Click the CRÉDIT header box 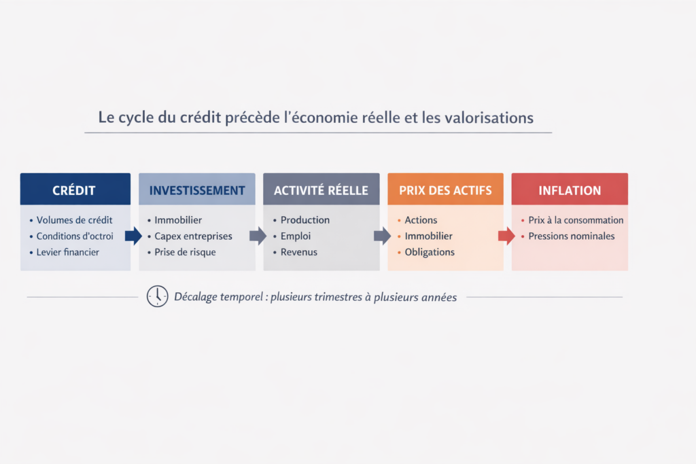(x=75, y=190)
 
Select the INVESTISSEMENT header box (x=197, y=190)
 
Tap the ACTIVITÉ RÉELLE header (x=321, y=190)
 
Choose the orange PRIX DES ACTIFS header (x=445, y=190)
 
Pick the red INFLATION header (x=570, y=190)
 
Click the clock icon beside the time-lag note (x=157, y=296)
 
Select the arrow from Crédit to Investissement (x=134, y=236)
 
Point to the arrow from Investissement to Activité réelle (x=258, y=236)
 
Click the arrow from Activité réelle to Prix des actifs (x=383, y=236)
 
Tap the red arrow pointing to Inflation (x=507, y=236)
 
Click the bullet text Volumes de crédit (x=74, y=220)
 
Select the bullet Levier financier (x=68, y=252)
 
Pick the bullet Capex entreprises (x=193, y=236)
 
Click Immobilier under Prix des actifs (x=428, y=236)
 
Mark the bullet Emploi (x=295, y=236)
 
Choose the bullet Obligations (x=430, y=252)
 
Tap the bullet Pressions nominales (x=571, y=236)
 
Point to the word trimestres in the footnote (x=341, y=297)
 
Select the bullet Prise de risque (x=185, y=252)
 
